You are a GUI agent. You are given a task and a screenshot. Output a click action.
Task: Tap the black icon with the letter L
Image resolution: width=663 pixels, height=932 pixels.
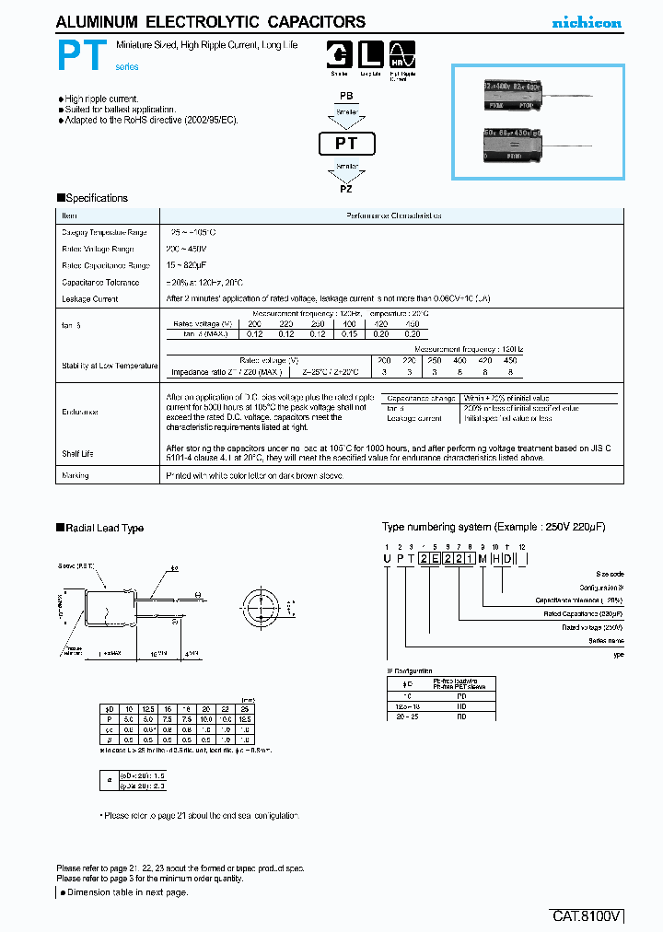point(370,55)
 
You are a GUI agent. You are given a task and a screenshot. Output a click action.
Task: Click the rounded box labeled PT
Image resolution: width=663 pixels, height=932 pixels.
point(345,144)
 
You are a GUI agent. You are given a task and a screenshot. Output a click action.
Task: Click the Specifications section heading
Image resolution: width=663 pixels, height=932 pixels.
point(97,198)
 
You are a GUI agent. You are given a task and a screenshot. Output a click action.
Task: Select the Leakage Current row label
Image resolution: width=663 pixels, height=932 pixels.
point(90,299)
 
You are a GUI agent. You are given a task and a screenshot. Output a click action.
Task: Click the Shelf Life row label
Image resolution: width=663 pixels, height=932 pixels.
point(77,454)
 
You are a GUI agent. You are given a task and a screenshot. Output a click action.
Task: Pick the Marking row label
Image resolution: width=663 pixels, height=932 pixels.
point(76,476)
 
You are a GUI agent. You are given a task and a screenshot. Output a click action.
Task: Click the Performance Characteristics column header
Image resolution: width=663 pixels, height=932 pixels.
point(393,216)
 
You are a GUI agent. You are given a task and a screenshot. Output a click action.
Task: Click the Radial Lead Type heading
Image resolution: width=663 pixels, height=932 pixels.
point(105,529)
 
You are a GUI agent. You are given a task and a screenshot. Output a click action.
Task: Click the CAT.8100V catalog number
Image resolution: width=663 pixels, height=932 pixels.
point(587,917)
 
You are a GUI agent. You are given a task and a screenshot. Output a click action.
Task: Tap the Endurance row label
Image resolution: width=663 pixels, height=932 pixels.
point(80,412)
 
